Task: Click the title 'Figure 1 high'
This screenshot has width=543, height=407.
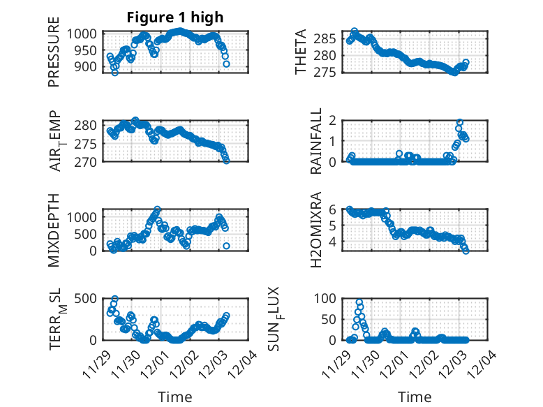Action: (175, 18)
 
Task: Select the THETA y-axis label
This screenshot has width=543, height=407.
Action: (301, 53)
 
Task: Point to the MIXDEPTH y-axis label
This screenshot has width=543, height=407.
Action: (54, 230)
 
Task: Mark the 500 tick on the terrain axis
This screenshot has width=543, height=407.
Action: (91, 298)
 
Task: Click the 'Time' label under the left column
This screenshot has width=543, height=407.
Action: (175, 397)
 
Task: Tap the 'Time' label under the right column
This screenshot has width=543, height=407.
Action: (415, 397)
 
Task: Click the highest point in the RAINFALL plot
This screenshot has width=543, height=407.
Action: (460, 122)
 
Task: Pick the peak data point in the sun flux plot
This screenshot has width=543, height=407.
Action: (359, 303)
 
